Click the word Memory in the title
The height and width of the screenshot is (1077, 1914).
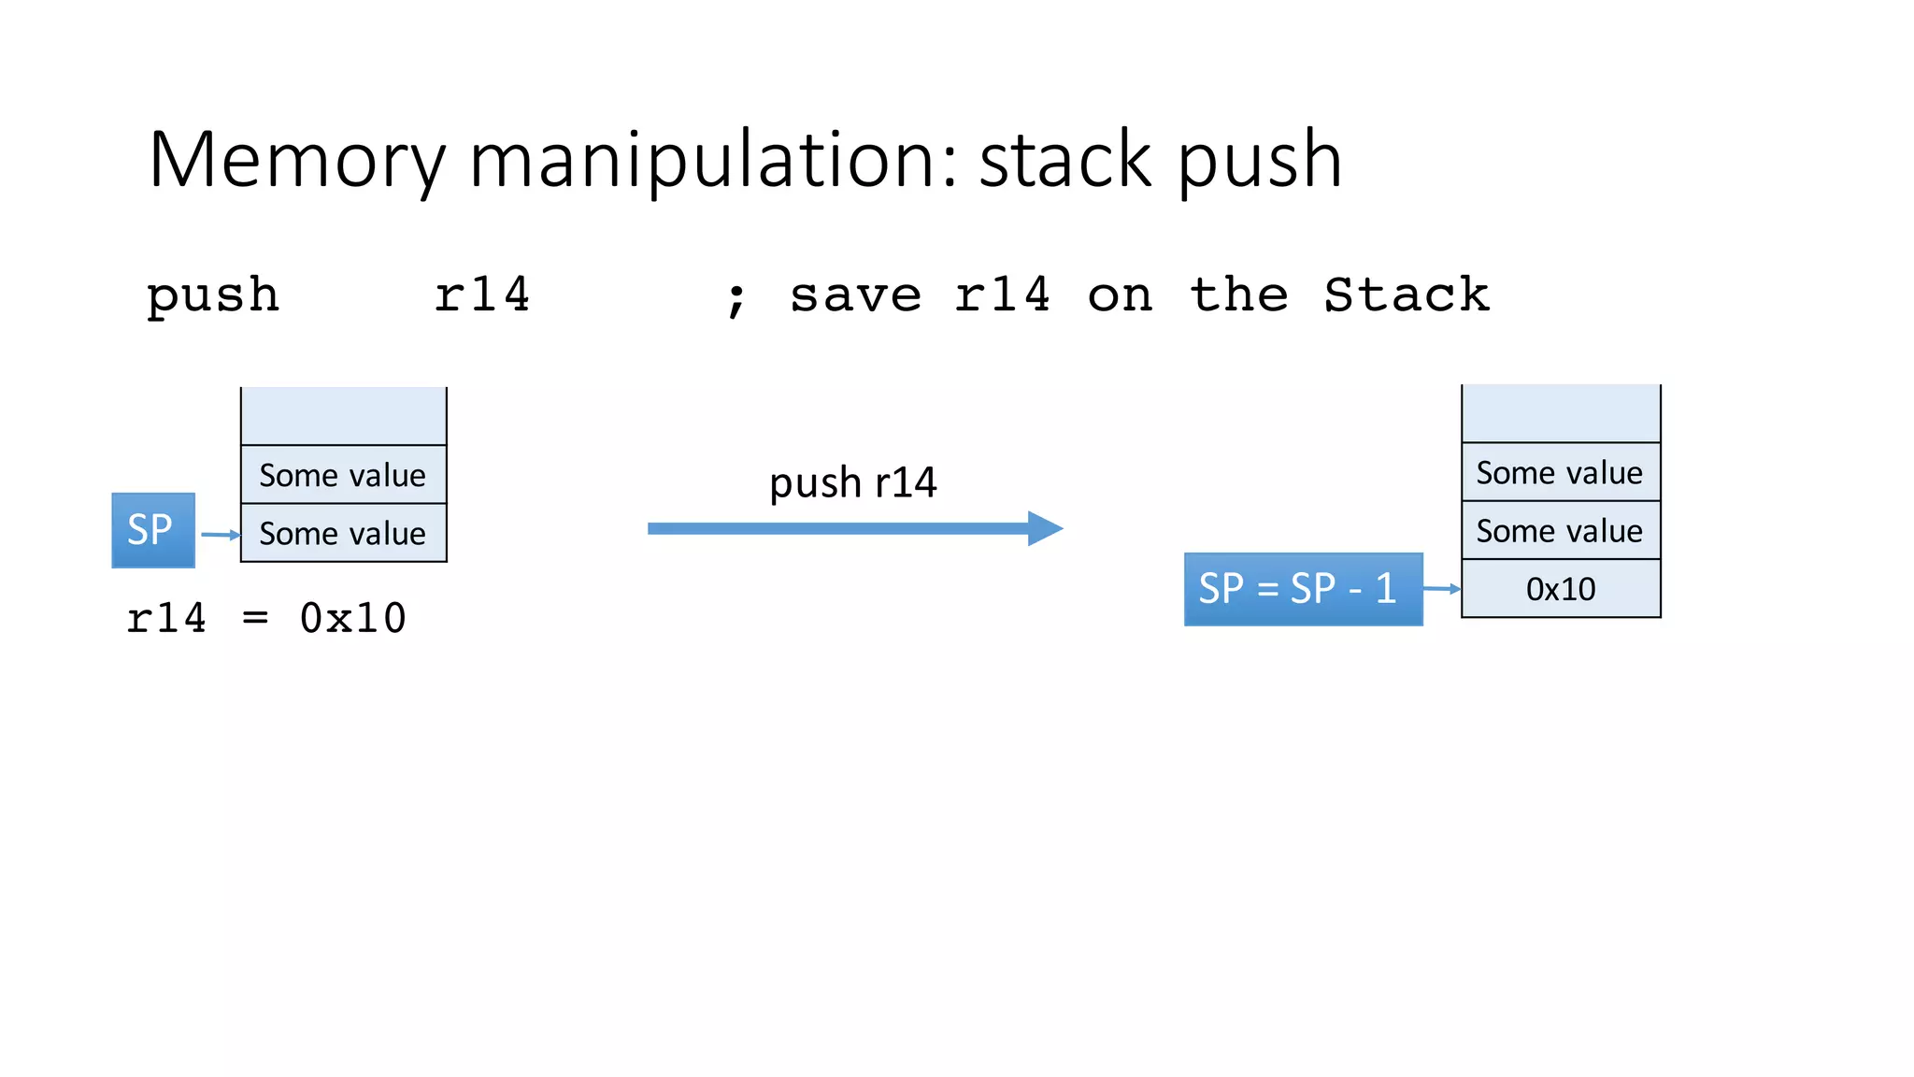point(297,161)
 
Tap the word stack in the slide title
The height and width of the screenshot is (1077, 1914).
point(1064,161)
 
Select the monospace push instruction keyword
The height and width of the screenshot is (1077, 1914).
point(213,296)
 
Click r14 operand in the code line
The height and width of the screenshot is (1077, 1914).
point(482,295)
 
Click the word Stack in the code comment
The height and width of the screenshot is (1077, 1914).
point(1407,295)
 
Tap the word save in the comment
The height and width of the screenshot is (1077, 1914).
point(855,295)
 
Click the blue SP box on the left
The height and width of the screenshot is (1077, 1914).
point(153,530)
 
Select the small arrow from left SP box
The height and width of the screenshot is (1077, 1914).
point(221,535)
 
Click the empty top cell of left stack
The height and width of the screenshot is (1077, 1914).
point(344,416)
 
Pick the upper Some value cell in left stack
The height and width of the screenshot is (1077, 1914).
point(344,475)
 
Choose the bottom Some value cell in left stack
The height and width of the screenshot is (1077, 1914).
point(344,533)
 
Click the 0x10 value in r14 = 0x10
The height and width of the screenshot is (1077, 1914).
point(353,618)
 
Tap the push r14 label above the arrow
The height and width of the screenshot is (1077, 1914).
point(852,483)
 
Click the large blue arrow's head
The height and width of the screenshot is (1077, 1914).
point(1045,528)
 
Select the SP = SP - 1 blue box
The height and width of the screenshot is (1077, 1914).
point(1303,589)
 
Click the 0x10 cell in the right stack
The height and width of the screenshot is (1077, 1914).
point(1561,589)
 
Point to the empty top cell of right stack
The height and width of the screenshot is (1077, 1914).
point(1561,413)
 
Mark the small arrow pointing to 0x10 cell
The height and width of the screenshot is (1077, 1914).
point(1442,589)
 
